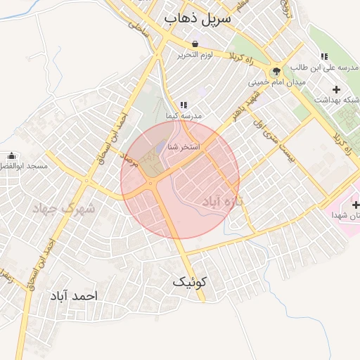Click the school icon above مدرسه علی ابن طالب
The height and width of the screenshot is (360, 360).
tap(324, 56)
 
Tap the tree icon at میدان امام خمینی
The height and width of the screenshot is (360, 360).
tap(276, 71)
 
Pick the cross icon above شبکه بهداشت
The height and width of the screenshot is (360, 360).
tap(336, 89)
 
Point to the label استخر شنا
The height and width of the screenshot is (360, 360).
tap(184, 147)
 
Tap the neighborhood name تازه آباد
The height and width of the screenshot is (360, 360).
tap(222, 201)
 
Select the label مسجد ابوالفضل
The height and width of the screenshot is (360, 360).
tap(24, 167)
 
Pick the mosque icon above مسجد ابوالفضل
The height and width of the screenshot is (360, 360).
tap(11, 156)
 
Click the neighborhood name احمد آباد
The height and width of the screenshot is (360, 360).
tap(72, 296)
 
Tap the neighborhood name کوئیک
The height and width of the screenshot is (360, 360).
tap(191, 282)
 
